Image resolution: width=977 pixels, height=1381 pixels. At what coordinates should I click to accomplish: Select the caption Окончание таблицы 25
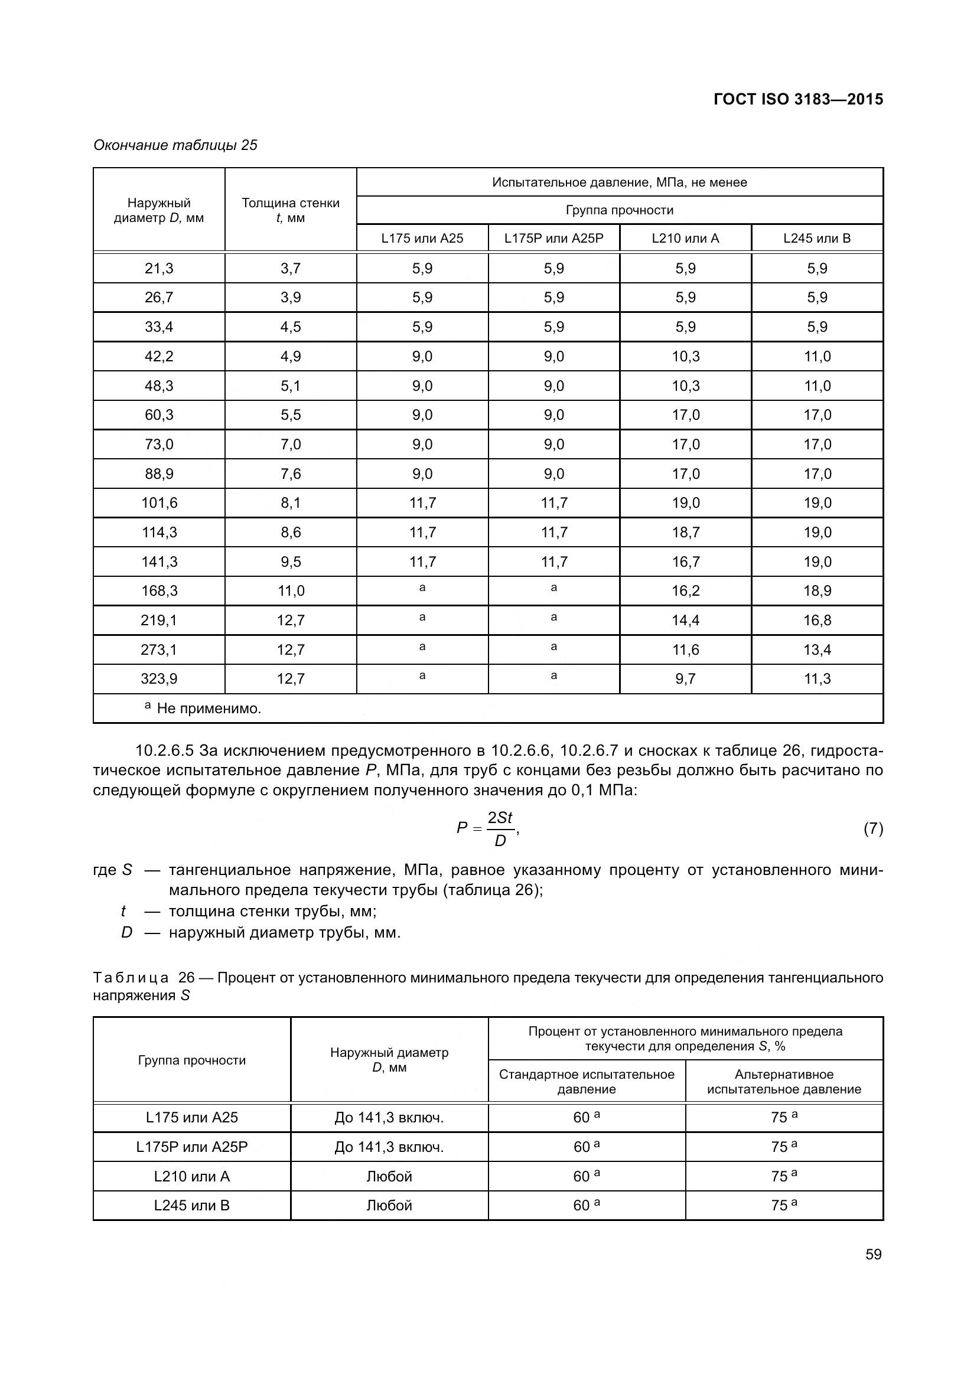pos(175,145)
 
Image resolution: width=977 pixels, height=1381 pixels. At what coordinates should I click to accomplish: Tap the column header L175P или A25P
pos(553,238)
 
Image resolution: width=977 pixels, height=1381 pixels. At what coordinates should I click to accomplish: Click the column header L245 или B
pos(816,238)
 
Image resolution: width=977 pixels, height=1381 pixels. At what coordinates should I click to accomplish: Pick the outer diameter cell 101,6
pos(159,503)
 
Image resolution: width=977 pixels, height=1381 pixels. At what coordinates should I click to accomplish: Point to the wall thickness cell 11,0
pos(291,590)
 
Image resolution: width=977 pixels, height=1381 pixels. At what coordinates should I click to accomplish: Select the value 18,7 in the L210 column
pos(685,533)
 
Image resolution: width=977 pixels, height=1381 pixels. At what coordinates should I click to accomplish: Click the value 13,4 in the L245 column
pos(817,649)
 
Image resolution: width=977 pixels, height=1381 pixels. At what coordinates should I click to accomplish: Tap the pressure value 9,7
pos(685,679)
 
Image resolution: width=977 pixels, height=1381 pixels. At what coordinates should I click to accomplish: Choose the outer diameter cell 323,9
pos(159,679)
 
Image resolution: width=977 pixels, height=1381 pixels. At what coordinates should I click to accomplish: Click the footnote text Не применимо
pos(209,709)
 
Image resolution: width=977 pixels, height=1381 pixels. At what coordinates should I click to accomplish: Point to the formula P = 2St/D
pos(488,828)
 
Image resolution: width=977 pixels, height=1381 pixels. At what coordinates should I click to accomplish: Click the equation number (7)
pos(873,829)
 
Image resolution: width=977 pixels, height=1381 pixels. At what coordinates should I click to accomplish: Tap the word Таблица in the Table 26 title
pos(131,977)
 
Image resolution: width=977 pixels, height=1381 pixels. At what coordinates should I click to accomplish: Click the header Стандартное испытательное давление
pos(587,1082)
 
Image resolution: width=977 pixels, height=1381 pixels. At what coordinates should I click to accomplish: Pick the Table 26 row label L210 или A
pos(192,1176)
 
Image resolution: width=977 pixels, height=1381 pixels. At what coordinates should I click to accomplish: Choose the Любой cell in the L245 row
pos(389,1206)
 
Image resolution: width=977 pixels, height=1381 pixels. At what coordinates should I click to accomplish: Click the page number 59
pos(873,1254)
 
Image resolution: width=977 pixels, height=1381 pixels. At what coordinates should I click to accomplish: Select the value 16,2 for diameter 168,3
pos(685,590)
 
